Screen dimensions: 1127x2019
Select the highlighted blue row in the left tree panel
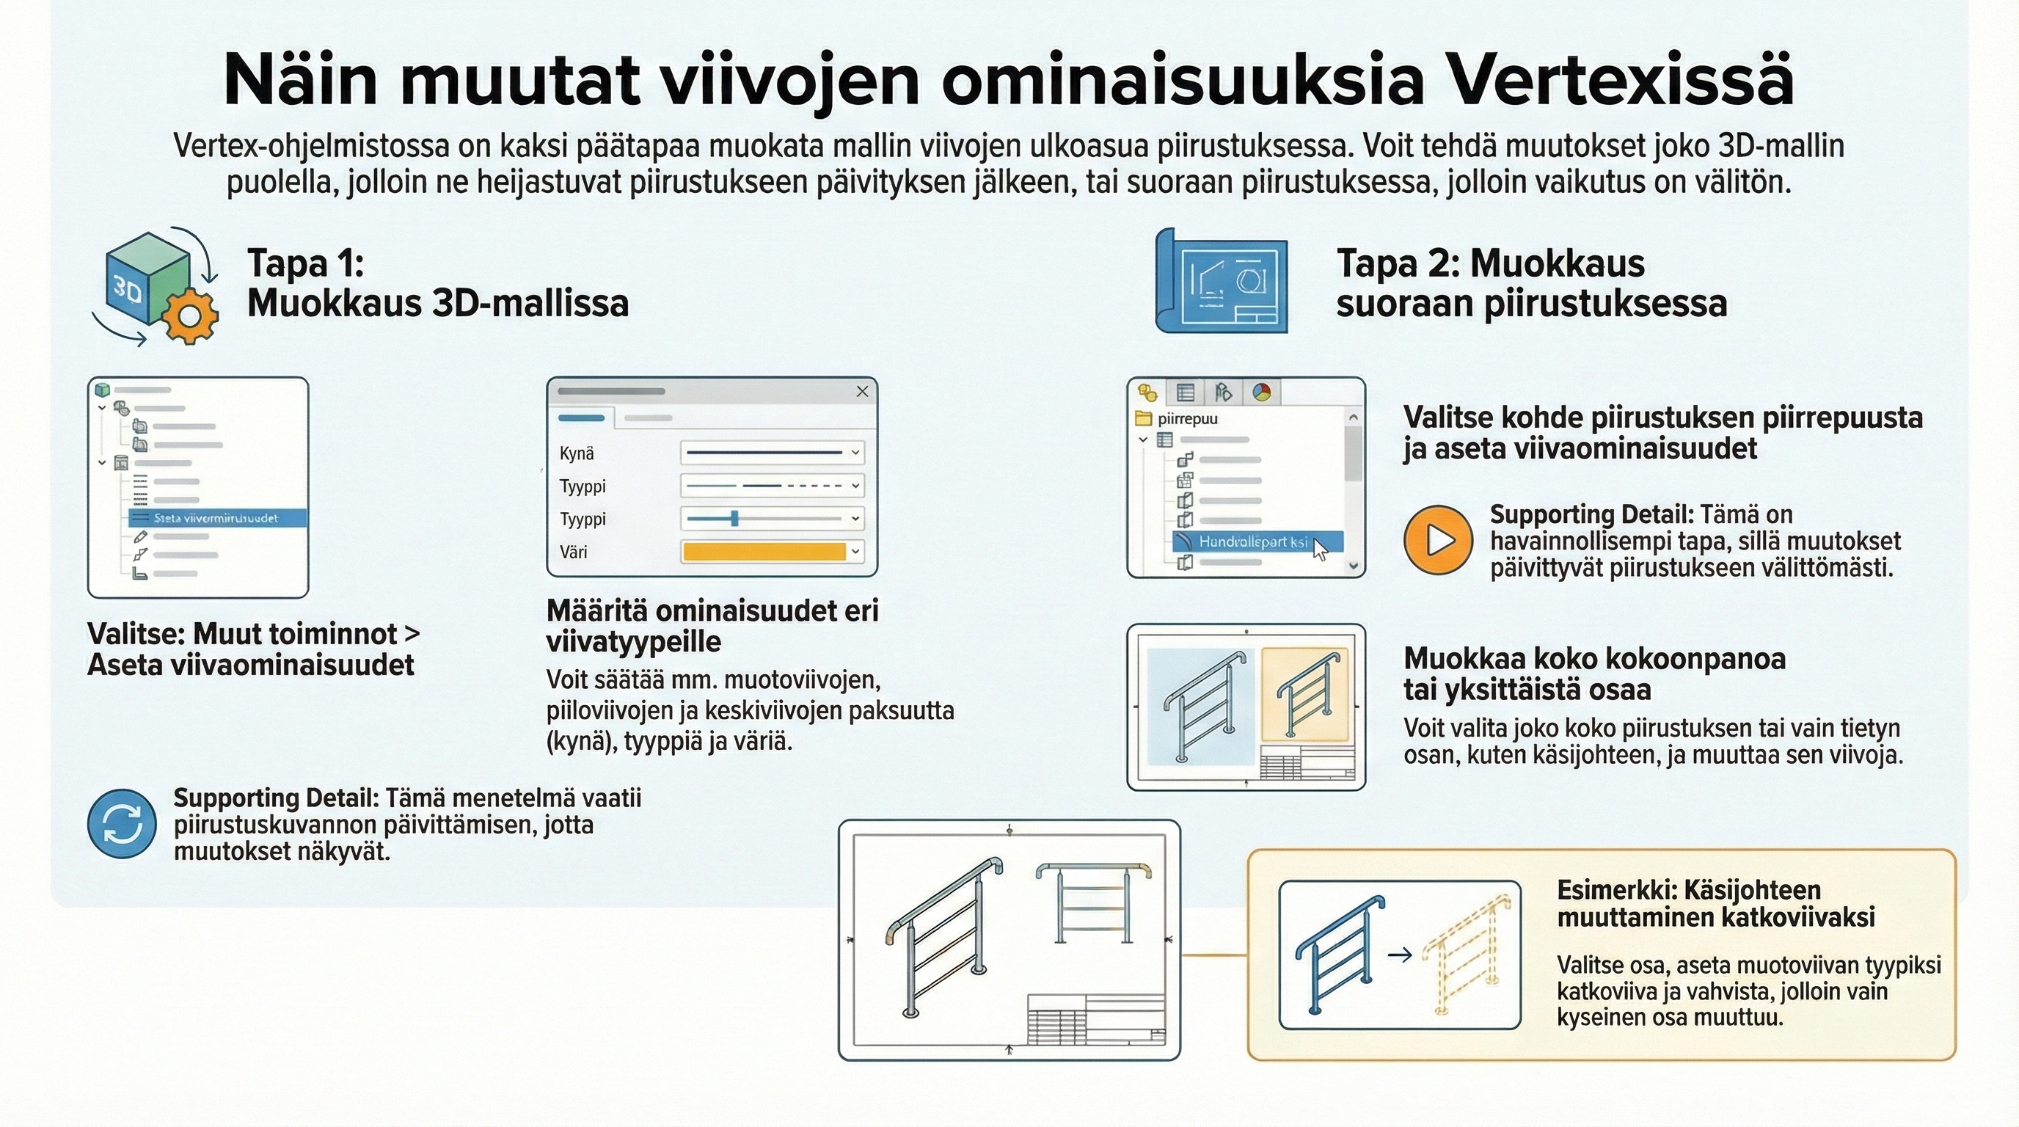[x=217, y=518]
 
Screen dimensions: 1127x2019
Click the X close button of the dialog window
[x=862, y=391]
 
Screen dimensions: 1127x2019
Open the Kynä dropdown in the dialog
[x=855, y=453]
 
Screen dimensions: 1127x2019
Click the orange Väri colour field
[x=764, y=552]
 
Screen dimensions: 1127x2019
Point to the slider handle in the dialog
[x=734, y=518]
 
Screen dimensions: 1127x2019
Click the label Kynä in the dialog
[x=576, y=453]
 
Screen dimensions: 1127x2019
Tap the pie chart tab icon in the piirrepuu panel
[x=1261, y=392]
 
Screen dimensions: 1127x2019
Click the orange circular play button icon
[x=1438, y=540]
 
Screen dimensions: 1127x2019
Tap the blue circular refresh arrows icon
[x=122, y=824]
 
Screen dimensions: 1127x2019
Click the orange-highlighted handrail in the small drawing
[x=1305, y=693]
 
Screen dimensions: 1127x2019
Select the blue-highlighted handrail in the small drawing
[x=1200, y=705]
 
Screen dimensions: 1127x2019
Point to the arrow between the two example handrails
[x=1400, y=955]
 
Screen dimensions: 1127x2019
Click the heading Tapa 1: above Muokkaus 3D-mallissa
[x=306, y=263]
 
